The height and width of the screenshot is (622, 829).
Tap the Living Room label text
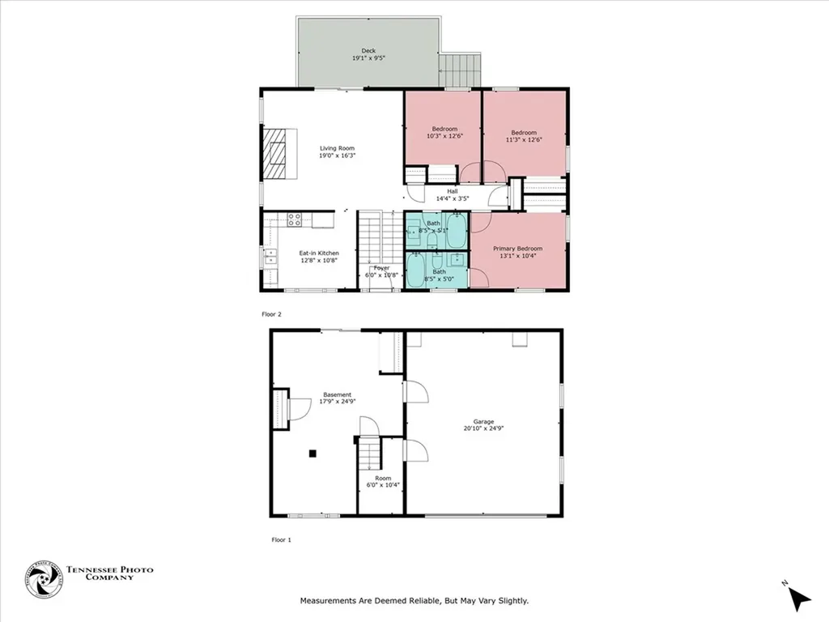click(337, 152)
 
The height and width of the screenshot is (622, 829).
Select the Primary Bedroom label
click(517, 252)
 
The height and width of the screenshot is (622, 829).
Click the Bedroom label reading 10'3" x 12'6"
click(444, 133)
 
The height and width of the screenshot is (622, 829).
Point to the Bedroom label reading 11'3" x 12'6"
click(523, 136)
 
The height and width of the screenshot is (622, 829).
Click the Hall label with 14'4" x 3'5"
click(453, 194)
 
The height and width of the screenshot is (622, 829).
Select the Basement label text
click(337, 398)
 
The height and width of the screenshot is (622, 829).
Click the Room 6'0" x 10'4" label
click(383, 482)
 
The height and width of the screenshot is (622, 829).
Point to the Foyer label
click(381, 271)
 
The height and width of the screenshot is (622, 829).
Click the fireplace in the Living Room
click(274, 153)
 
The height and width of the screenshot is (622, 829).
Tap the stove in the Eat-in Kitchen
click(295, 219)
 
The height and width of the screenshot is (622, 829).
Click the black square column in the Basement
click(312, 454)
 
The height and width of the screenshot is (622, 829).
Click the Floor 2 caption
click(271, 313)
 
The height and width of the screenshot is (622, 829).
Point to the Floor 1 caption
click(281, 539)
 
